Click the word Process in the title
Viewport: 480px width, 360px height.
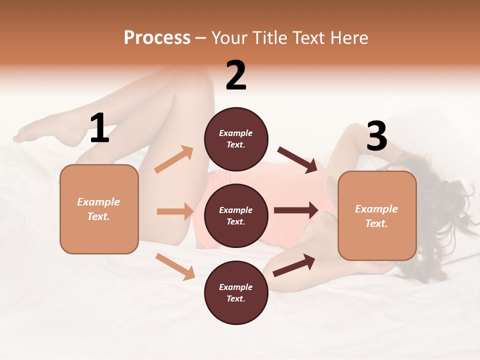tap(157, 38)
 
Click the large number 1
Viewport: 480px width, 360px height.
tap(99, 128)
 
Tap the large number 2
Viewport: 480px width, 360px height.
tap(236, 75)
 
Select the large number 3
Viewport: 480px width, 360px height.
tap(376, 136)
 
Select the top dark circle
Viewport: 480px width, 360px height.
tap(236, 139)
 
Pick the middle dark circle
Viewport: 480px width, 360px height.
tap(236, 215)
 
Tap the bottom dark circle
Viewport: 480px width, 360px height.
tap(236, 292)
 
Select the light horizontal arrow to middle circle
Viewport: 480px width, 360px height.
tap(175, 211)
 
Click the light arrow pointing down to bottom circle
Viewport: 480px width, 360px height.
tap(175, 266)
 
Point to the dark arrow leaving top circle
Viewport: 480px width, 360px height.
tap(297, 159)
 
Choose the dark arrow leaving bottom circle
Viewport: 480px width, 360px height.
tap(294, 265)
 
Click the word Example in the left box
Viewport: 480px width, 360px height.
tap(98, 202)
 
